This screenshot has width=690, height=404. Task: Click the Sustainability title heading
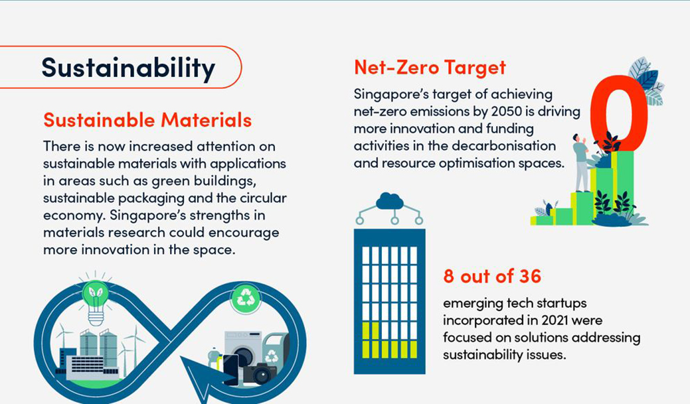click(128, 68)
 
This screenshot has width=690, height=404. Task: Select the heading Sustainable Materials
click(147, 120)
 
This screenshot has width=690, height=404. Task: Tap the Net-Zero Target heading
click(430, 67)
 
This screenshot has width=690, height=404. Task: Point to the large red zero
click(619, 113)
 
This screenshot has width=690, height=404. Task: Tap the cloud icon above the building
click(390, 202)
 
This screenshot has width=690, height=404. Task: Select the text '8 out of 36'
click(492, 277)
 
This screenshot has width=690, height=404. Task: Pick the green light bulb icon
click(96, 302)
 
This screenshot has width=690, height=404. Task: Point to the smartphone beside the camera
click(230, 370)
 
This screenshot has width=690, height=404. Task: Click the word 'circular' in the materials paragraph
click(263, 198)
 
